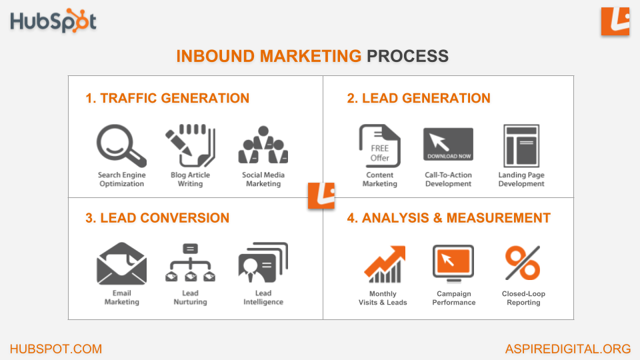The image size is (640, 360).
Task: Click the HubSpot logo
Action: click(53, 21)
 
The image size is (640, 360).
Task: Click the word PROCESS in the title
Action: click(407, 56)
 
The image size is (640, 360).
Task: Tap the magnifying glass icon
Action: click(121, 146)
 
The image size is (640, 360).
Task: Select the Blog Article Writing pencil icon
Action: click(190, 146)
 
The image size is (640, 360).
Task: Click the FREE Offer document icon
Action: click(379, 146)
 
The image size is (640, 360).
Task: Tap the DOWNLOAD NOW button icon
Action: click(448, 144)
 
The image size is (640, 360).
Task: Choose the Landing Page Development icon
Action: click(521, 146)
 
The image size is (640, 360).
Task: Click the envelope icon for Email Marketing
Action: click(121, 264)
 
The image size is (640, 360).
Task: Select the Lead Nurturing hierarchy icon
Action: click(190, 263)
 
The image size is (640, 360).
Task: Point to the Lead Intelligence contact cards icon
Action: click(263, 263)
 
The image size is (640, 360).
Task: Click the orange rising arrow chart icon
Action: click(385, 265)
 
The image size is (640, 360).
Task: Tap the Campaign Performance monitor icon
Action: click(453, 264)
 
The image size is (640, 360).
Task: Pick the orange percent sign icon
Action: click(523, 263)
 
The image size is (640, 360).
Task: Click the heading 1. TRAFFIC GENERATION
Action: click(167, 99)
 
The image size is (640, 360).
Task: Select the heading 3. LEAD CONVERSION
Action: click(157, 218)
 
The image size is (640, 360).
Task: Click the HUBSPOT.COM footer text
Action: click(56, 349)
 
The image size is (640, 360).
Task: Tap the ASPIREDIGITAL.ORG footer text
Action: click(568, 349)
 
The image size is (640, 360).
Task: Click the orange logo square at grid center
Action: click(321, 195)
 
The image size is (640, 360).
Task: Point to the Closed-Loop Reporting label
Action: click(523, 298)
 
